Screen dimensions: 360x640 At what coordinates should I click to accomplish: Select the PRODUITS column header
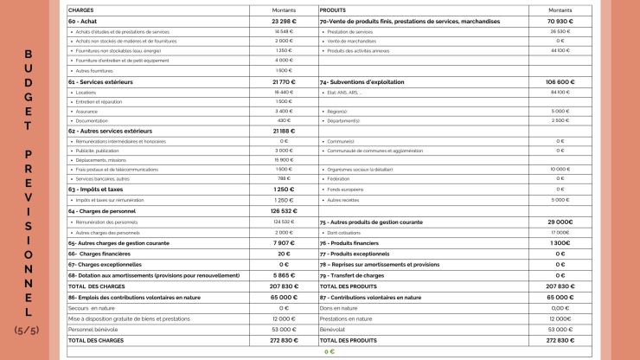coord(333,10)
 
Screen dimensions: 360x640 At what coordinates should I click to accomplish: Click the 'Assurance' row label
coord(86,111)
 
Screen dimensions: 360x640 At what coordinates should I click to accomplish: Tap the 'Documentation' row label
coord(92,121)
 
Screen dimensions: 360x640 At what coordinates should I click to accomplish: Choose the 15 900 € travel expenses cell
coord(284,160)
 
